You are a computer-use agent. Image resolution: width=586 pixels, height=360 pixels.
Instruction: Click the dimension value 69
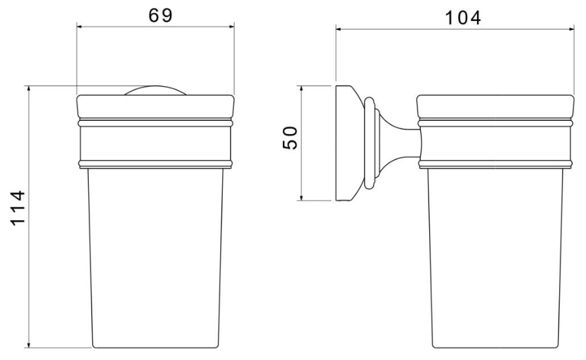[x=161, y=16]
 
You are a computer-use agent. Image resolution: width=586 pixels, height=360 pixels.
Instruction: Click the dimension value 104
[x=463, y=18]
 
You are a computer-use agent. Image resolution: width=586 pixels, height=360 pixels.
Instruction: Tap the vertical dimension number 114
[x=18, y=208]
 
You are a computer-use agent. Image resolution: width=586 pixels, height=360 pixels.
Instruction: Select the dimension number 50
[x=290, y=138]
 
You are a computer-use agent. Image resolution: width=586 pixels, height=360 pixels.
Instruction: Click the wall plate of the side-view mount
[x=343, y=143]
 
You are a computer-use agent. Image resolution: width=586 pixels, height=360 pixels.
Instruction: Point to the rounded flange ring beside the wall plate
[x=369, y=142]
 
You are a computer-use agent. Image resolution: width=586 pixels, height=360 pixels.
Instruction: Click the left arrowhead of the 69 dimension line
[x=80, y=27]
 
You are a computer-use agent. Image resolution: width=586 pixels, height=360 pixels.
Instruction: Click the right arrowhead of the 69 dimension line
[x=231, y=27]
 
